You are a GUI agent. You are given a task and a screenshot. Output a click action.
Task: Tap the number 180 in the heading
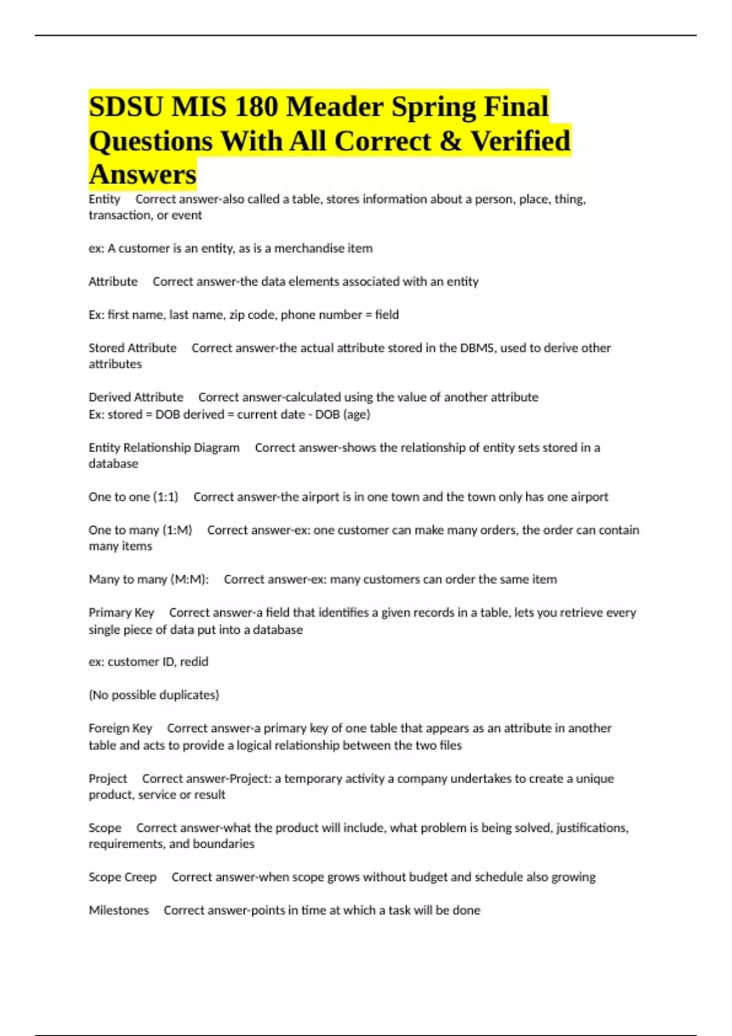[x=255, y=107]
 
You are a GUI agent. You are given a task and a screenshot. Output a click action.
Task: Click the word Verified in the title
[x=520, y=141]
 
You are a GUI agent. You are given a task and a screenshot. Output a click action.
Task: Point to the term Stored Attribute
[x=132, y=348]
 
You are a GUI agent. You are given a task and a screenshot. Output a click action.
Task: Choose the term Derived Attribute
[x=136, y=397]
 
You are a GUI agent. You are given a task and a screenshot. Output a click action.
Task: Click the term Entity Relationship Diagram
[x=164, y=448]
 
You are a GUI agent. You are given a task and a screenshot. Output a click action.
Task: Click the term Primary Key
[x=121, y=612]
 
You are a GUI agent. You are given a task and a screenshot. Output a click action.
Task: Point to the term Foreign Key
[x=120, y=728]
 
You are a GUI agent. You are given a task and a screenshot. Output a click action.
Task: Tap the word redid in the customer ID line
[x=194, y=662]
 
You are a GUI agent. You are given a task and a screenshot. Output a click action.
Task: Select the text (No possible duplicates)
[x=154, y=695]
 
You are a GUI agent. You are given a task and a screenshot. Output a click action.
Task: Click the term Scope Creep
[x=123, y=878]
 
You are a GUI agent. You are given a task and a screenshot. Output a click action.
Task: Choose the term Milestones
[x=119, y=910]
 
